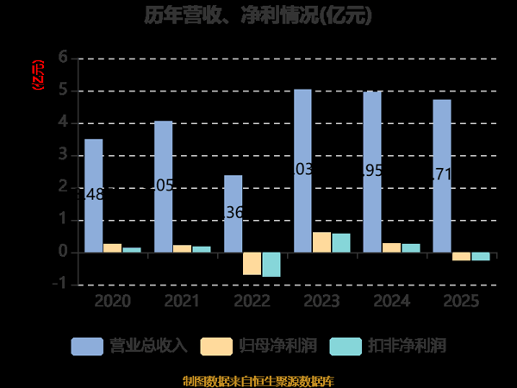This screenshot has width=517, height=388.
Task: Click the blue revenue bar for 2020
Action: point(93,196)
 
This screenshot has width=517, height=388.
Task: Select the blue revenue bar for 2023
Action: point(302,171)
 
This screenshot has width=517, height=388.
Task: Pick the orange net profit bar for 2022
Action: point(252,264)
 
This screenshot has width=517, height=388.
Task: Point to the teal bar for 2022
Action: point(271,265)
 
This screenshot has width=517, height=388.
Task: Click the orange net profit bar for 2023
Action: point(321,242)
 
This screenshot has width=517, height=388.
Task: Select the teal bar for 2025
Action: point(480,256)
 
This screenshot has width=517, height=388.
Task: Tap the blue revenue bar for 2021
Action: point(163,186)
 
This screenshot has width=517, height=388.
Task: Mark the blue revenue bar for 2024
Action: point(372,172)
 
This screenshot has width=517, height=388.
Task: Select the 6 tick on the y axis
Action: point(62,58)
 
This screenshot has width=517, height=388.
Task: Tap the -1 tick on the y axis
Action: point(60,285)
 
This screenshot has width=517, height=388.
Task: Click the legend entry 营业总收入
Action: point(129,346)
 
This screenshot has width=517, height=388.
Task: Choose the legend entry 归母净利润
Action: point(258,346)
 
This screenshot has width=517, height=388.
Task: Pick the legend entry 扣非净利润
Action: point(388,346)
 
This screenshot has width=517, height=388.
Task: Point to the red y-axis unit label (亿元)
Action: point(36,76)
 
